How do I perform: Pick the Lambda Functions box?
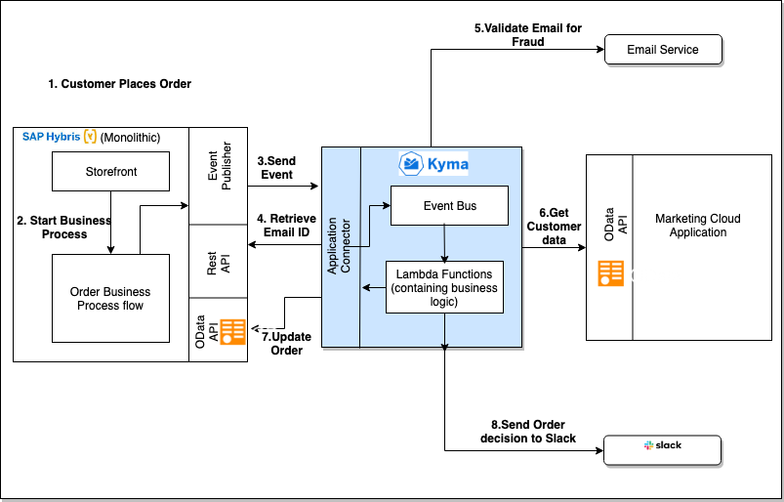pos(444,287)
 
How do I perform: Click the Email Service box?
pos(664,49)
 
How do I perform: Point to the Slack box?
pos(663,449)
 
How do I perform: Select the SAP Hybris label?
pos(51,137)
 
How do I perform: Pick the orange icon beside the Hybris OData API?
pos(233,332)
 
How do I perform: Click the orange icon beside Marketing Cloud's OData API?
pos(611,273)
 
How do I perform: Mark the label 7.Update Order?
pos(286,343)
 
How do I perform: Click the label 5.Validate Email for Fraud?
pos(528,35)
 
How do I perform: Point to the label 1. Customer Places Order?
pos(119,84)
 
